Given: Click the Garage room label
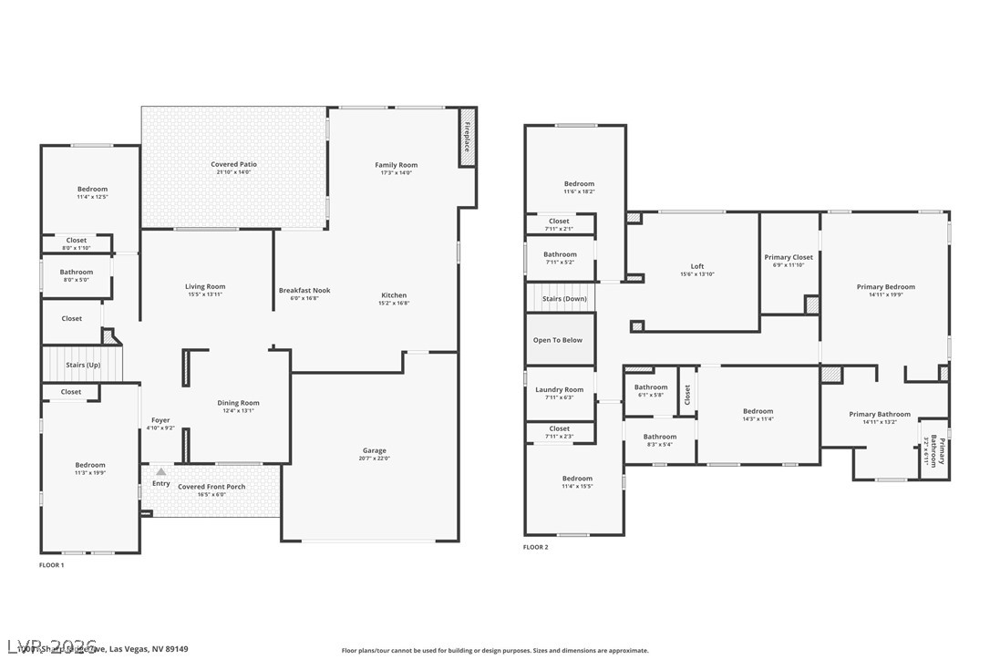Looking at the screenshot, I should (x=374, y=450).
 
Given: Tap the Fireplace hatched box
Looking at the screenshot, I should (x=467, y=137).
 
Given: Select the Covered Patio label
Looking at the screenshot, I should (x=234, y=164).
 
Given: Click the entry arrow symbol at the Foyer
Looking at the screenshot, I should (x=161, y=471).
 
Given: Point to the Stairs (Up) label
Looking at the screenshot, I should (x=83, y=365).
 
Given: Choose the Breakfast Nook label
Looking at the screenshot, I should (x=304, y=290).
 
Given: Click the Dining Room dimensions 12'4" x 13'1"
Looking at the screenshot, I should (x=238, y=410).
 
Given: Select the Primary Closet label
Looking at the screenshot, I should (x=789, y=257).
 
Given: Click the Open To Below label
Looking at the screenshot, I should (x=558, y=340).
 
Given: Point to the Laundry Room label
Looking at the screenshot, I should (x=559, y=389).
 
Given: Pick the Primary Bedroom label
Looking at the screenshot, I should (x=885, y=287).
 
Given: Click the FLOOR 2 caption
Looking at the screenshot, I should (x=536, y=548).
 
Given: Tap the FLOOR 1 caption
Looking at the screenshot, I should (x=51, y=565).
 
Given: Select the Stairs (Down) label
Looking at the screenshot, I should (x=564, y=299).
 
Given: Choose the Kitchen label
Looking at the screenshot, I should (x=394, y=294).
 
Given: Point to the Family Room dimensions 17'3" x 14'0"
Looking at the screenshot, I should (x=396, y=172).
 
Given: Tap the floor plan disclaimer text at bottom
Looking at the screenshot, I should (x=495, y=650).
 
